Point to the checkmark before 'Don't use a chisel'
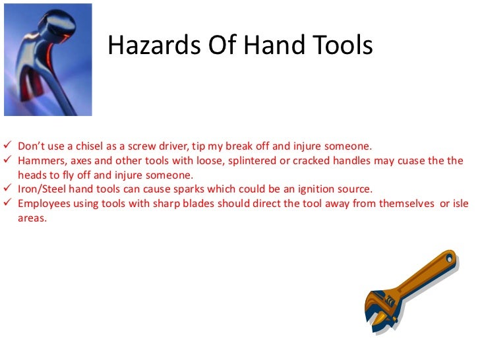(8, 146)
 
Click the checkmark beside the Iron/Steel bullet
(8, 188)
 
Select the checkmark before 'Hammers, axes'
(8, 160)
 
